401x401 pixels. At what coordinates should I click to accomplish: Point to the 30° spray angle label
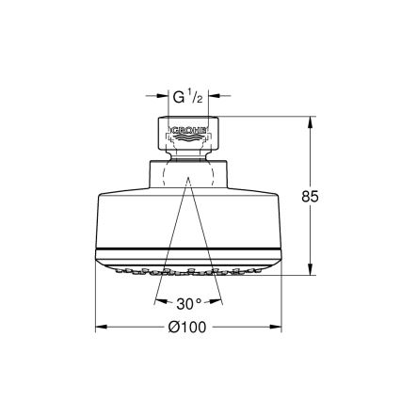point(189,304)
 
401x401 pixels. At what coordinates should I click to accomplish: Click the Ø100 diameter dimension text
point(189,328)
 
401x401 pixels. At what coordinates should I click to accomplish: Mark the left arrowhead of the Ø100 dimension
point(102,328)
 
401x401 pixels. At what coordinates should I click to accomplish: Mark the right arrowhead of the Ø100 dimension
point(277,328)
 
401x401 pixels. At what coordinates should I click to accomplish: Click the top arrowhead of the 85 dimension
point(312,120)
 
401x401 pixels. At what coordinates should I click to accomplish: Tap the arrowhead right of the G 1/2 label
point(214,95)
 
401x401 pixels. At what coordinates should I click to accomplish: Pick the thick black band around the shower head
point(189,249)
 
